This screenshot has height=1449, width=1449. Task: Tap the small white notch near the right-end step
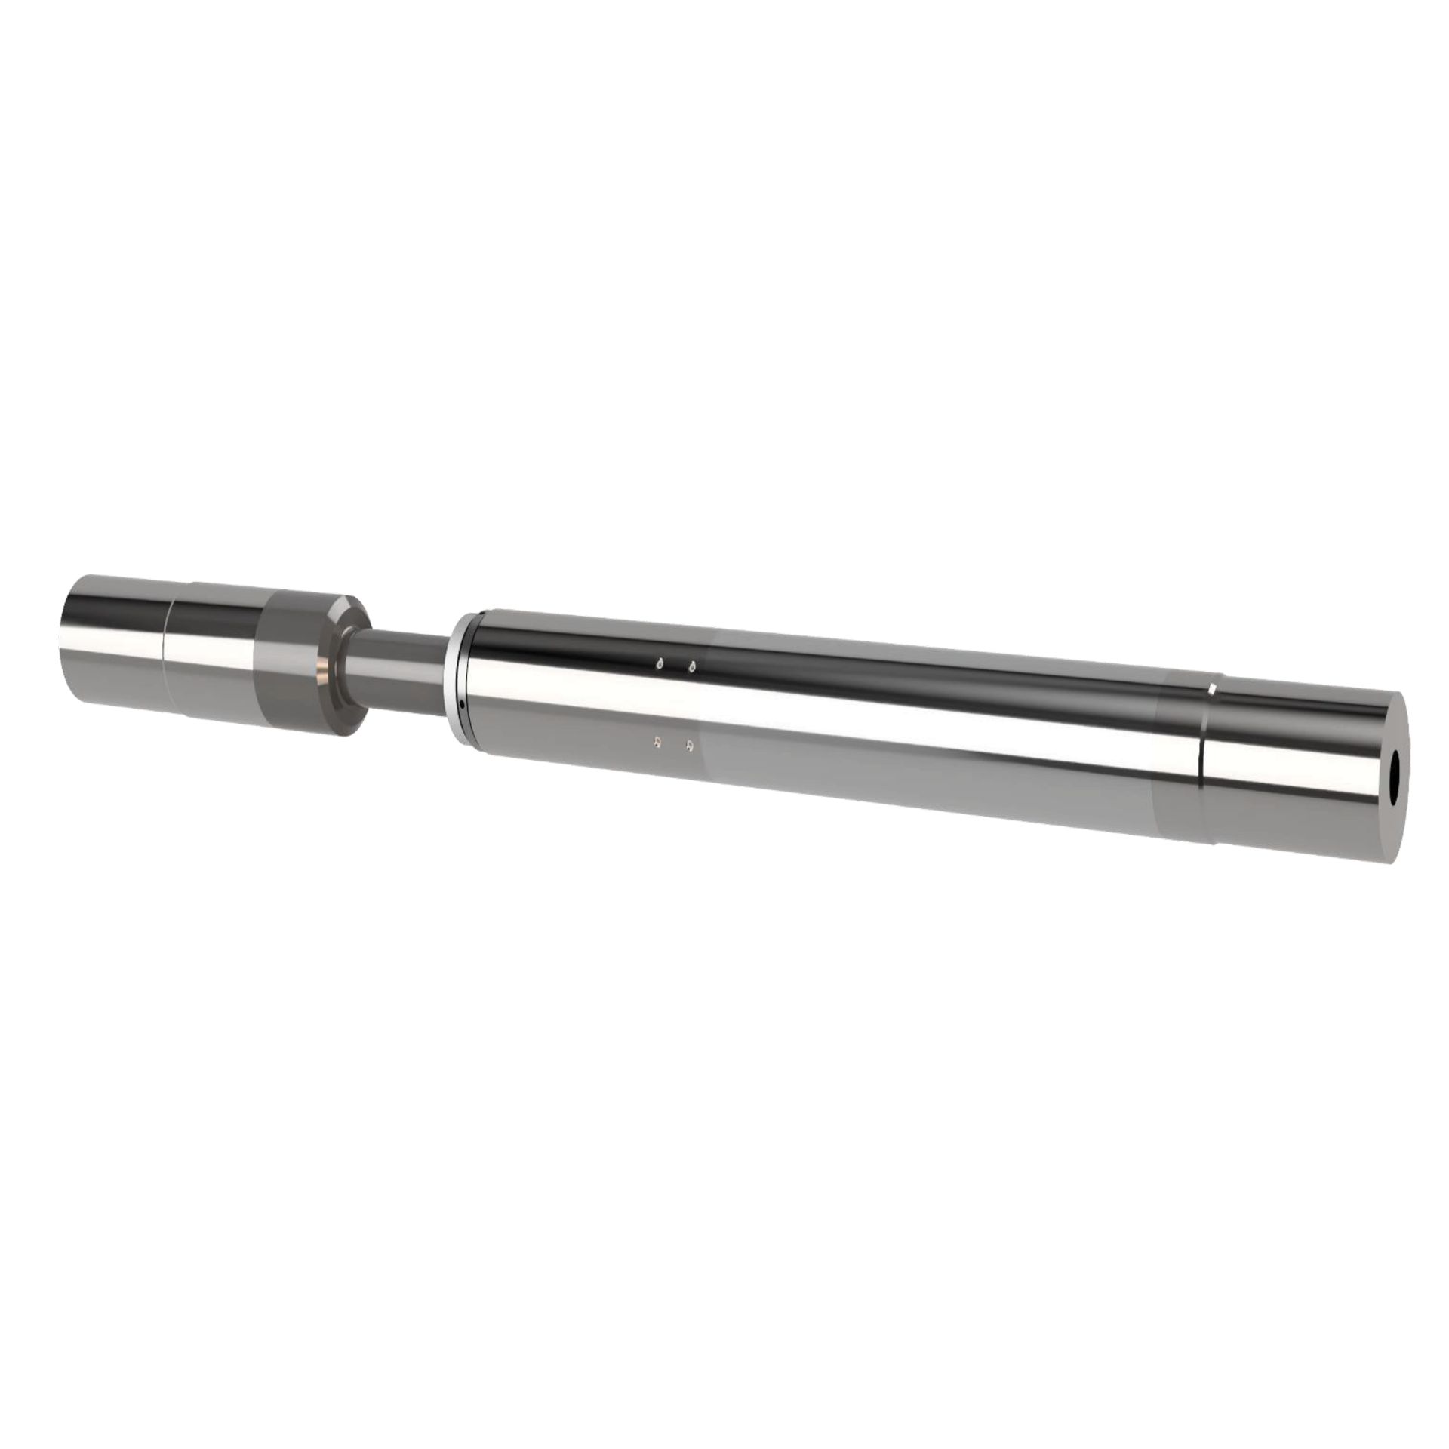(1212, 688)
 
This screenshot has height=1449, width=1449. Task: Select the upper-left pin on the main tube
(660, 664)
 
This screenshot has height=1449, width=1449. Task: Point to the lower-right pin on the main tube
(691, 746)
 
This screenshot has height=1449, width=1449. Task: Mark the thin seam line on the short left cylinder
(168, 649)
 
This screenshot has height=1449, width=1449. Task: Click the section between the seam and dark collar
(211, 653)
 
